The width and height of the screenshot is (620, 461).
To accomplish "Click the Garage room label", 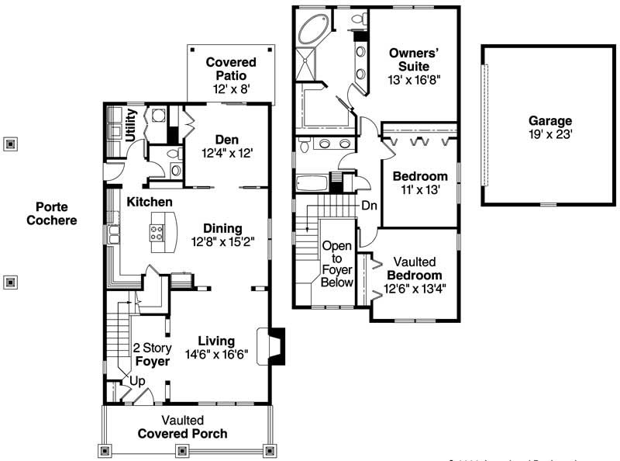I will tap(550, 121).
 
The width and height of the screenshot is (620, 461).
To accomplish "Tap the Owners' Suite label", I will tap(415, 60).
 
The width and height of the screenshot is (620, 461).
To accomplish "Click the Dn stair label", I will tap(370, 206).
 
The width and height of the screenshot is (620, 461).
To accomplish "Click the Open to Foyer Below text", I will tap(337, 264).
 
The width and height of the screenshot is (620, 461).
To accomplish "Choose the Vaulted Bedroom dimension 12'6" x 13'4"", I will tap(415, 289).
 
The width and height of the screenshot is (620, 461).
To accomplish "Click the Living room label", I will tap(216, 341).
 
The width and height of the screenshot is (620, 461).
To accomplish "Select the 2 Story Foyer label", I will tap(152, 354).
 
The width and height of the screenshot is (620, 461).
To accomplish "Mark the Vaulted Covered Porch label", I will tap(182, 427).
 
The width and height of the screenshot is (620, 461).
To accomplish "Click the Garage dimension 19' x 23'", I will tap(550, 134).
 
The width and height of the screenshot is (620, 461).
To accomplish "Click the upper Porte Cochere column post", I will tap(10, 144).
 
